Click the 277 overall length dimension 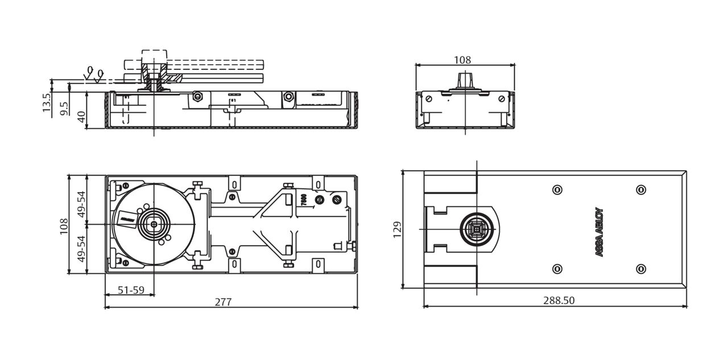[x=223, y=301]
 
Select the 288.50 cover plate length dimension [x=558, y=301]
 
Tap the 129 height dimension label [x=397, y=229]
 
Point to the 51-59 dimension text [x=131, y=289]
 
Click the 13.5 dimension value [x=47, y=102]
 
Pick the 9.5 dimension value [x=64, y=109]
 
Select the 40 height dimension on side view [x=81, y=117]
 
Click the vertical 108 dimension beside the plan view [x=64, y=225]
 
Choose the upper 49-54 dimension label [x=81, y=203]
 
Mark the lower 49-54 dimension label [x=81, y=248]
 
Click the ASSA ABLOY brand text [x=599, y=233]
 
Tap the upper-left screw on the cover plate [x=557, y=189]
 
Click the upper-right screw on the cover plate [x=640, y=189]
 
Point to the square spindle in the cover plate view [x=474, y=229]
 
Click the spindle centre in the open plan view [x=154, y=225]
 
